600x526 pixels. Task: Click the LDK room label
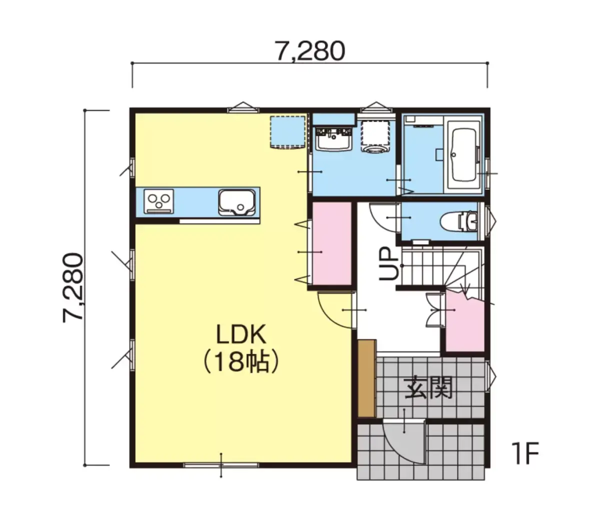(240, 334)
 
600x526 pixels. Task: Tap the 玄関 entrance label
(428, 387)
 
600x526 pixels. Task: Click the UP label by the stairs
(388, 264)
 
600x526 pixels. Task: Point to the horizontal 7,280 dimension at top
(310, 50)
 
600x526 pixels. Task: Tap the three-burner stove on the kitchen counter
(158, 201)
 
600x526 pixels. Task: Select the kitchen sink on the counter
(236, 202)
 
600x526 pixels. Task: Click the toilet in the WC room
(458, 221)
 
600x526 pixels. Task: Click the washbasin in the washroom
(334, 139)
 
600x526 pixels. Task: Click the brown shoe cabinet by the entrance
(367, 378)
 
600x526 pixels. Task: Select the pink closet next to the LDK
(331, 243)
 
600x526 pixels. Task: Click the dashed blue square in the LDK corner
(287, 132)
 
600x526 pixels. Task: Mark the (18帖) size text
(240, 362)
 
